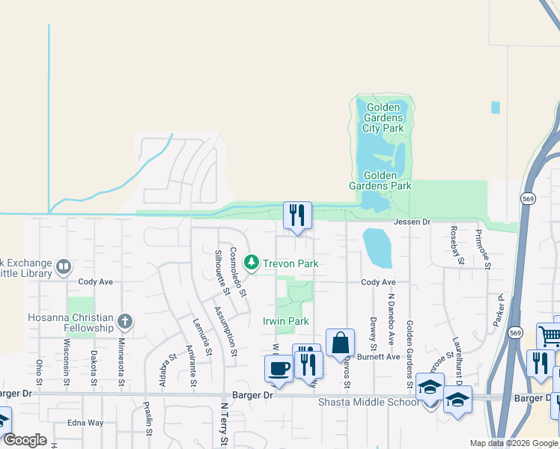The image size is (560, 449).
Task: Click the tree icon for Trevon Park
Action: coord(252,263)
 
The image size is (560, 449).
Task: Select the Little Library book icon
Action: coord(64,266)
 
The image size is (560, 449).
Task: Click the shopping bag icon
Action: coord(340,343)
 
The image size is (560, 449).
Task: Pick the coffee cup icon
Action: coord(279,368)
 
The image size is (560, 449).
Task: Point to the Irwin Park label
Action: coord(285,321)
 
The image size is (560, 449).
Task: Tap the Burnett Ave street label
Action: coord(378,357)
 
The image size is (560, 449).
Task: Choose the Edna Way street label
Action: coord(85,423)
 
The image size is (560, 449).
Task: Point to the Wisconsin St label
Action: coord(67,360)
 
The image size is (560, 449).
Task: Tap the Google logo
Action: coord(25,440)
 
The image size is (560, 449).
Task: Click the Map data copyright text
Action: coord(513,443)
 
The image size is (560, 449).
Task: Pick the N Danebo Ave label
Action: coord(390,319)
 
